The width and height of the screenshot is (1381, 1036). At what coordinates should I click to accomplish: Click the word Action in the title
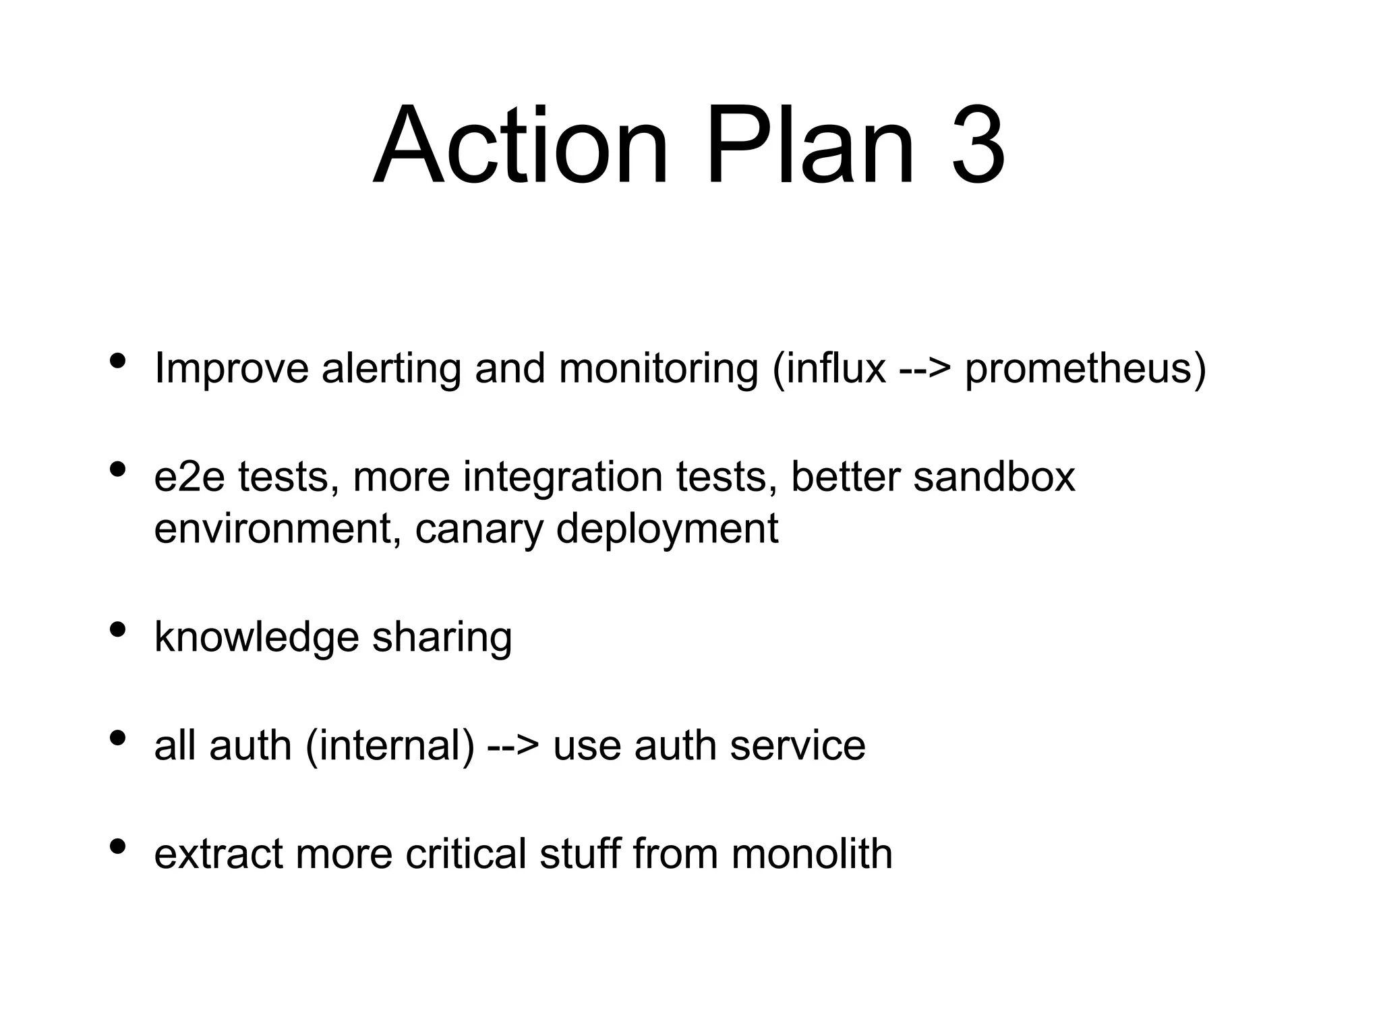520,145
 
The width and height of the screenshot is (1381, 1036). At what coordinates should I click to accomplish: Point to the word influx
829,369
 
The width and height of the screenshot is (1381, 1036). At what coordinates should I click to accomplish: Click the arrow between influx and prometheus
925,370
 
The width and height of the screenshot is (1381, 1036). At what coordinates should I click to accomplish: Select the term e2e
189,477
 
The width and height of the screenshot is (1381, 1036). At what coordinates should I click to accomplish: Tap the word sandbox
994,477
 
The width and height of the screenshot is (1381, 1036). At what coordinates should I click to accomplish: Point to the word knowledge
256,637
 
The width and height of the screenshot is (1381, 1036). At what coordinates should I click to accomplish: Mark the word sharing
442,637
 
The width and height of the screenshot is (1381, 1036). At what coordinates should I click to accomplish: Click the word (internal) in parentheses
390,746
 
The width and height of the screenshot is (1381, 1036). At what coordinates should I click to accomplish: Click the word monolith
812,854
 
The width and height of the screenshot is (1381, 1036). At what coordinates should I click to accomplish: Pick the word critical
465,854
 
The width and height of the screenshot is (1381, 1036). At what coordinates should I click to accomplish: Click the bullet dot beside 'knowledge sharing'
117,630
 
